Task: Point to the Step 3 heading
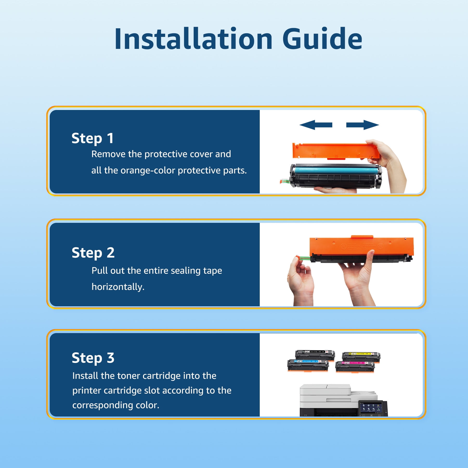(x=93, y=358)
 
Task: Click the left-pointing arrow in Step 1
(x=316, y=125)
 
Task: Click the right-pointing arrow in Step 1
(x=363, y=125)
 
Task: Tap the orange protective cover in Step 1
(x=335, y=151)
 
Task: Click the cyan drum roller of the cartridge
(x=335, y=170)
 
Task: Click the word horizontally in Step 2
(x=118, y=287)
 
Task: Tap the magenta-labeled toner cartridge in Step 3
(x=355, y=366)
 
